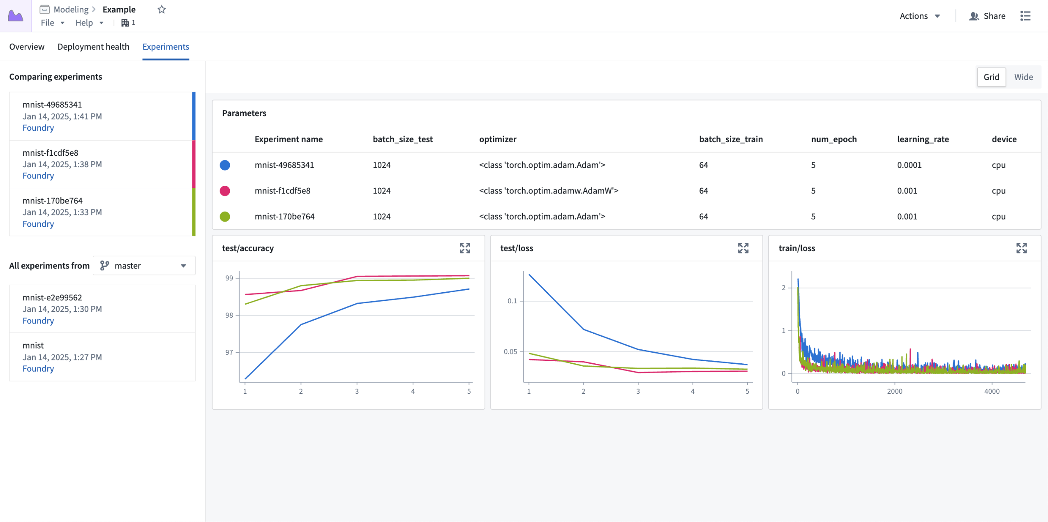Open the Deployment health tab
[93, 47]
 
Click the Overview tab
[27, 47]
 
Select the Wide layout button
[1023, 77]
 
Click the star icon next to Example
[162, 9]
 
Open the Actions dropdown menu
[919, 16]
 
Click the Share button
[987, 16]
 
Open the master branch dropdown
[144, 266]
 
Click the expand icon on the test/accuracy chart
[465, 248]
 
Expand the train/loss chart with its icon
[1021, 248]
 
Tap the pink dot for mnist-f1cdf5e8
[225, 191]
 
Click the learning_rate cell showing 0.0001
[909, 165]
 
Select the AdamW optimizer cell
[548, 191]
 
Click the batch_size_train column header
[731, 139]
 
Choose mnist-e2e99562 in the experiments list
[52, 297]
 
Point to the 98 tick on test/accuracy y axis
[229, 315]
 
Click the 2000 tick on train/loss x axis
[894, 391]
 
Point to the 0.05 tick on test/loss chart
[510, 352]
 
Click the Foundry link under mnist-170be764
[38, 224]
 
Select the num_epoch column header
[833, 139]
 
